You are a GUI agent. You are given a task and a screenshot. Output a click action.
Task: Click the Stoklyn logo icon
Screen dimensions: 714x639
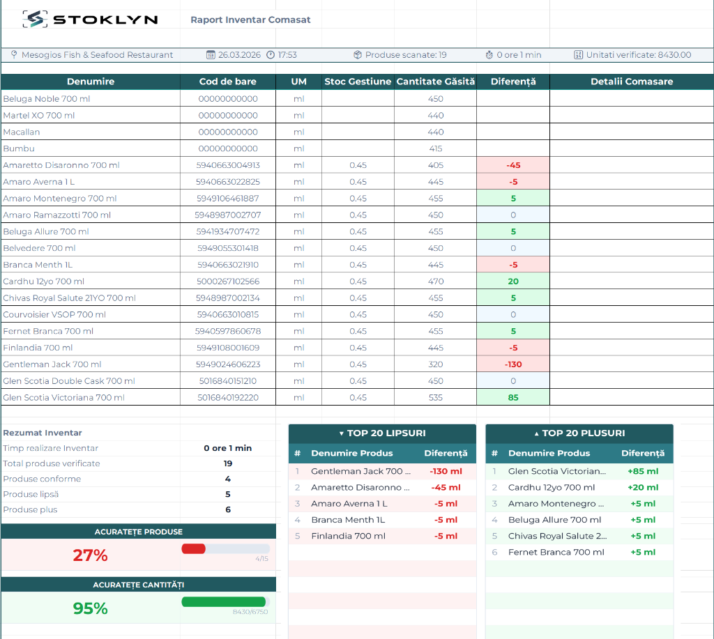35,19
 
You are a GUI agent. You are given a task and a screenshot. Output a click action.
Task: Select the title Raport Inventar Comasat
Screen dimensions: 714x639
250,20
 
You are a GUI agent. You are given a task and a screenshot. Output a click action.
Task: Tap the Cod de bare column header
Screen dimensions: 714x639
228,82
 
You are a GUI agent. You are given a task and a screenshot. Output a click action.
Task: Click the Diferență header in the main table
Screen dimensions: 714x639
513,82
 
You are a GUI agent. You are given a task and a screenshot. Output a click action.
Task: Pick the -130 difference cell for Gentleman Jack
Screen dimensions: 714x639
513,364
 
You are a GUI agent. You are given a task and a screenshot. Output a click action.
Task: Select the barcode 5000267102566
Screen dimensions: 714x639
228,282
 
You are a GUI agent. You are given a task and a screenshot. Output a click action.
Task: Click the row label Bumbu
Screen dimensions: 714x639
19,148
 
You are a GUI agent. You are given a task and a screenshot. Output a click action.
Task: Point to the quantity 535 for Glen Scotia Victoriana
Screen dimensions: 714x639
435,397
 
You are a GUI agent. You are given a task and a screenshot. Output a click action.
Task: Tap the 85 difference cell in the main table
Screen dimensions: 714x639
513,397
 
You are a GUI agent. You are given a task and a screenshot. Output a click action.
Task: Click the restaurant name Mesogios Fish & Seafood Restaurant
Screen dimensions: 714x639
97,54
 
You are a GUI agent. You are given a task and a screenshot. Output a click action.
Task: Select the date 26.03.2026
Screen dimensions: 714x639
239,54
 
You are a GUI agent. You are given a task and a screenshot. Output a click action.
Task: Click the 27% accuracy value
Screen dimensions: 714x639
90,555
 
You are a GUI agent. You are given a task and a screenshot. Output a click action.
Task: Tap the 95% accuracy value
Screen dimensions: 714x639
90,608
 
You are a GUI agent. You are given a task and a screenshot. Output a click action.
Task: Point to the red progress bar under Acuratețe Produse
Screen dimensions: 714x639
194,549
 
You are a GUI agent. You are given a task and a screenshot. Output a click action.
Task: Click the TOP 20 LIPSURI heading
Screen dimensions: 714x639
386,433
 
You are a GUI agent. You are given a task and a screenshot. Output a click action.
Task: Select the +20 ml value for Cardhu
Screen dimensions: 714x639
643,488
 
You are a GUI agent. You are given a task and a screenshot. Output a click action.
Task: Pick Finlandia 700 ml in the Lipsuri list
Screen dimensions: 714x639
349,536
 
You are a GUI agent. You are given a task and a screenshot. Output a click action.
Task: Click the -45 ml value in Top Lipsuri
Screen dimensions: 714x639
446,488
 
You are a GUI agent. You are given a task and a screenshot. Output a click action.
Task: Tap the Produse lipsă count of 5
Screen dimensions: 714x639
228,494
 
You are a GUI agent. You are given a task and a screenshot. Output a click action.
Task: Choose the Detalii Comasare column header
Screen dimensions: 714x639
632,82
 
